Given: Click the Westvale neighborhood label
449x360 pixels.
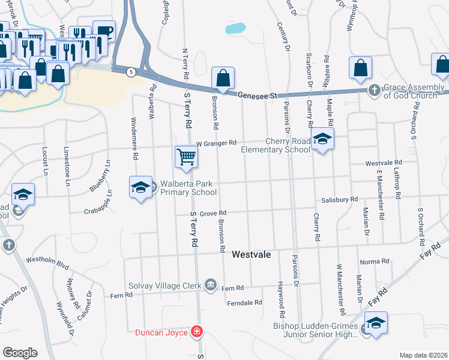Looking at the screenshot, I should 251,255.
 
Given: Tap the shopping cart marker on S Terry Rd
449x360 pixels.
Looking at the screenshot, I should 186,157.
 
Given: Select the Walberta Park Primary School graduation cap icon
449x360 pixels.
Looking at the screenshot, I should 140,188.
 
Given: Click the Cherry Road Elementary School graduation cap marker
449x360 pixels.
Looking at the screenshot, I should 322,139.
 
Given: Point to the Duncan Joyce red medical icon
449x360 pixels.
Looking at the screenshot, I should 196,331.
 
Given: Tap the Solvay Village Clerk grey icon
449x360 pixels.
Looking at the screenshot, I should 210,284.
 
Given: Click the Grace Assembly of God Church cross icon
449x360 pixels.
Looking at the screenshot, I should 375,91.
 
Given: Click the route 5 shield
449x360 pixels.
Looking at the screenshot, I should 130,72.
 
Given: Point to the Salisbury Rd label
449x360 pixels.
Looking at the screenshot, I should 339,199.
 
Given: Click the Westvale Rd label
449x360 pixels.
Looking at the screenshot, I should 383,163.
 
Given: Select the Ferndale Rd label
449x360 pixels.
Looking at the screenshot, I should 244,303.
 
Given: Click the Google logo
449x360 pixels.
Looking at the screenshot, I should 20,353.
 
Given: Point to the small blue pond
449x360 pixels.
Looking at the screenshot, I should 235,28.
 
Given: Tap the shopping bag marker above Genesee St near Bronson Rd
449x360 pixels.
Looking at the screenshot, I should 223,78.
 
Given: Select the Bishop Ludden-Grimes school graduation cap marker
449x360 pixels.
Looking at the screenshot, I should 376,323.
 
